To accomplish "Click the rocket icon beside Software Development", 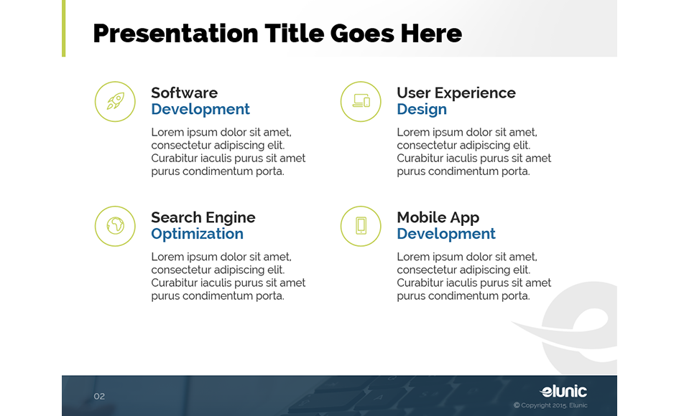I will [x=115, y=101].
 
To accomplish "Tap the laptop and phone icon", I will [x=361, y=101].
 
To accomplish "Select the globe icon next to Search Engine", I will [x=115, y=226].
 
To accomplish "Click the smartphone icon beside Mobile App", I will [x=361, y=226].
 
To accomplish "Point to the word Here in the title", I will [x=430, y=33].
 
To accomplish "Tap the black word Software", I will [x=184, y=93].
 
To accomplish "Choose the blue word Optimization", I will [x=197, y=235].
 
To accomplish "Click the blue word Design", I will [x=421, y=110].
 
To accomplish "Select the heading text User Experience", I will [x=456, y=93].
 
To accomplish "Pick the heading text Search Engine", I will [x=203, y=218].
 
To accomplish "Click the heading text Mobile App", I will [x=438, y=218].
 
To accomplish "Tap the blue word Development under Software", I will [x=200, y=110].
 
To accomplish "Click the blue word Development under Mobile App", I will [x=445, y=235].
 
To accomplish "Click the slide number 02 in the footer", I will [x=99, y=397].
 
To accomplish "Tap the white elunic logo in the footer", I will [x=563, y=391].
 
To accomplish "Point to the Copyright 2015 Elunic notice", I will [x=550, y=406].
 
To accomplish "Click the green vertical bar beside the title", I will [x=63, y=28].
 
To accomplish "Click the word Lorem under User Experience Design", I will [x=412, y=133].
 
